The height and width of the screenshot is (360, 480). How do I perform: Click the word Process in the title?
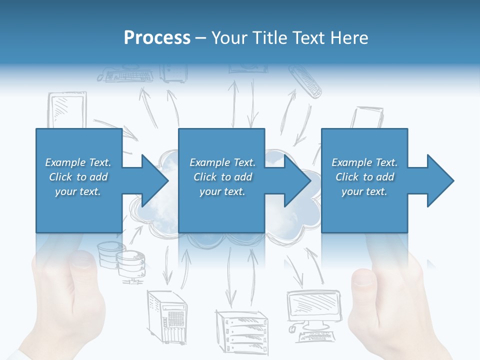click(x=157, y=38)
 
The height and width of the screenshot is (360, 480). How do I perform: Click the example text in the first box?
click(x=78, y=177)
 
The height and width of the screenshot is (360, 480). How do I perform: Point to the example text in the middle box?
click(x=222, y=177)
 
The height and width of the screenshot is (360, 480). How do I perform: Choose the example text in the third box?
click(x=364, y=177)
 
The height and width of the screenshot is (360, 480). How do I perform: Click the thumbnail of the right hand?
click(x=364, y=277)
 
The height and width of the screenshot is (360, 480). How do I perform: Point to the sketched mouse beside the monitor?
click(x=291, y=328)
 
